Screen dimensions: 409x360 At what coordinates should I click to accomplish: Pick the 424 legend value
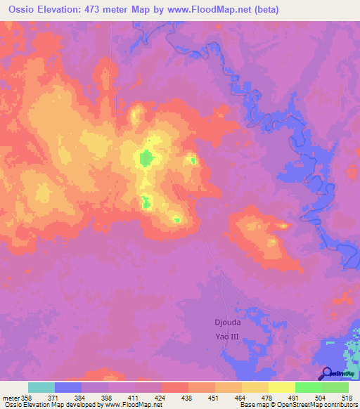(x=162, y=397)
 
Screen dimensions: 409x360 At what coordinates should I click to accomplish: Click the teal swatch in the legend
(x=41, y=387)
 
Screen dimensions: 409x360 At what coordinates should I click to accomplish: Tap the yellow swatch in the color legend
(x=281, y=387)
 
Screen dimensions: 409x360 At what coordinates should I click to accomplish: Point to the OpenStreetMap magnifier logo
(x=326, y=374)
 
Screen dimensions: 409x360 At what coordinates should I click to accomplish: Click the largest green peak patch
(x=146, y=158)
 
